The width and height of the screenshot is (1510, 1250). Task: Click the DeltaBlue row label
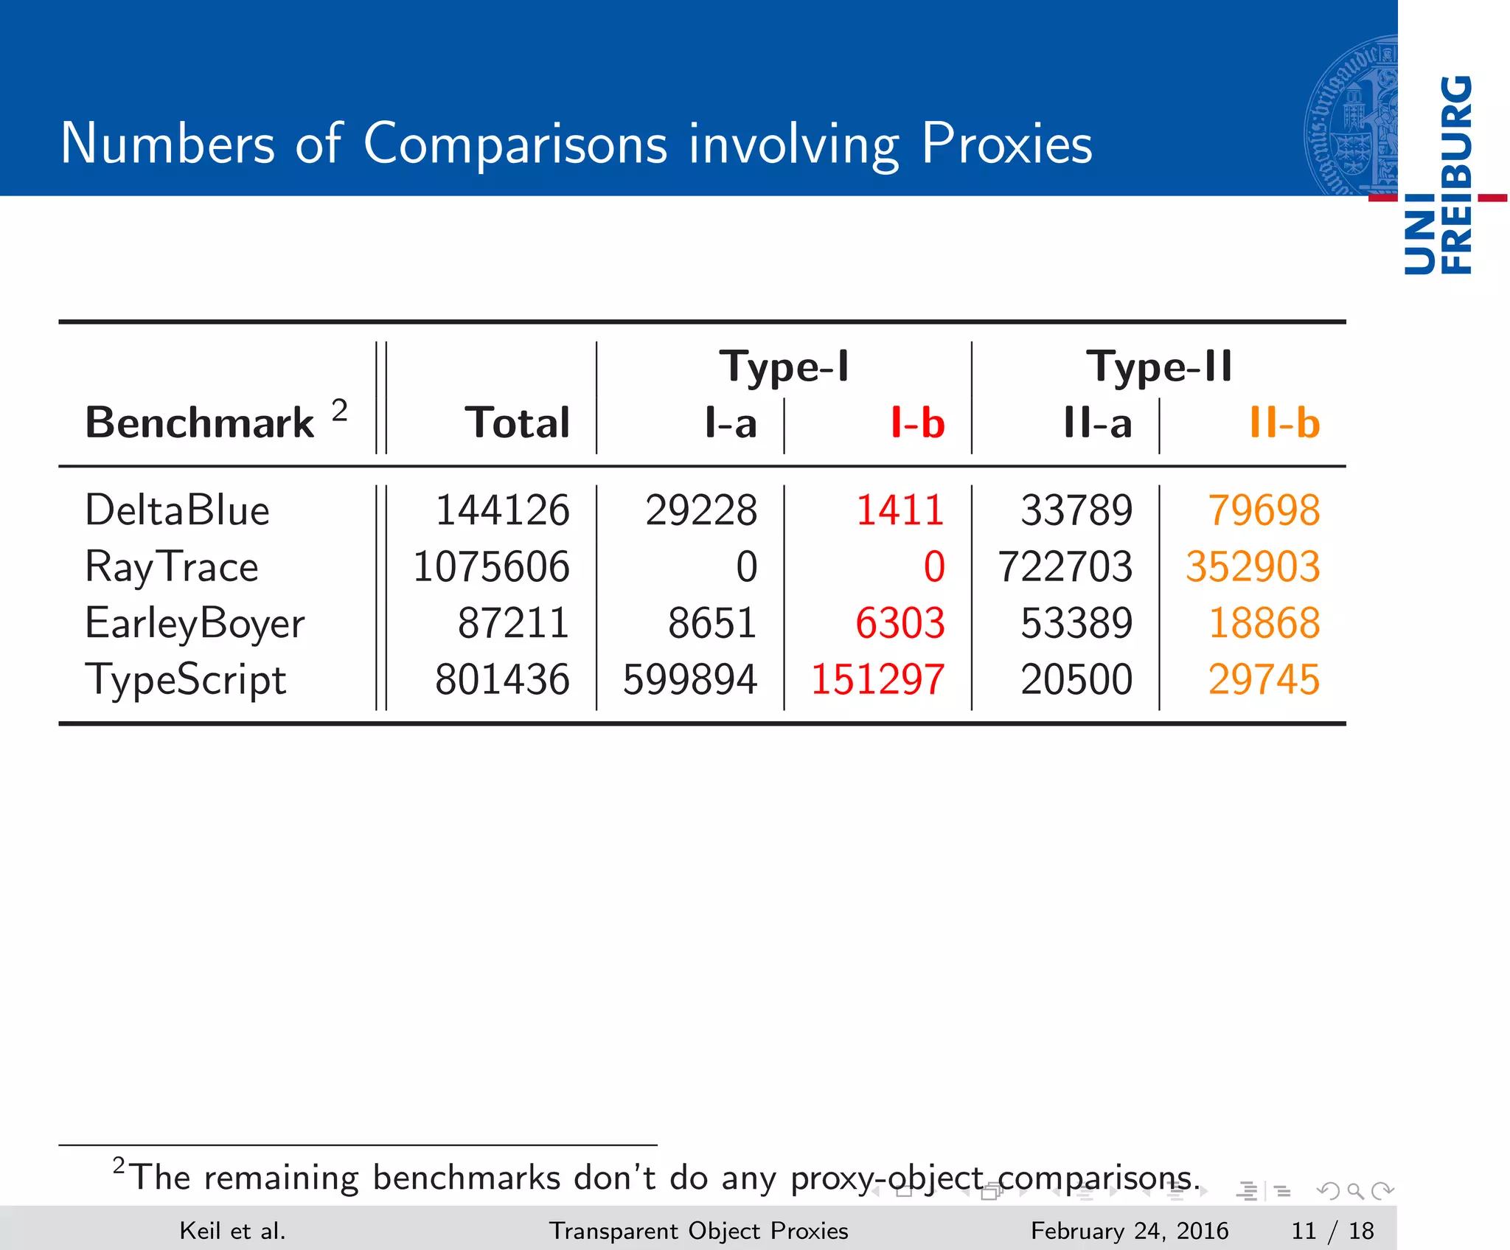click(177, 510)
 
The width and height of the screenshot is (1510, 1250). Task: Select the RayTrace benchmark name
click(172, 567)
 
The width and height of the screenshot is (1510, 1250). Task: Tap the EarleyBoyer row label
click(195, 624)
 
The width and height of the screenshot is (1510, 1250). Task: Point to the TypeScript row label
click(185, 680)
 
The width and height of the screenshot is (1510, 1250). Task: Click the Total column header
click(518, 423)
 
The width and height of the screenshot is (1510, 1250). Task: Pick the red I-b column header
click(917, 423)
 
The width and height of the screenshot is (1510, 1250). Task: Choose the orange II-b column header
click(1284, 423)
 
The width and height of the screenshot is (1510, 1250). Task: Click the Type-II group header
click(1159, 367)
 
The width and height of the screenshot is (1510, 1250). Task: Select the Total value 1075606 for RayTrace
click(491, 567)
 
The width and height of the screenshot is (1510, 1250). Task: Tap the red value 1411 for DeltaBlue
click(900, 510)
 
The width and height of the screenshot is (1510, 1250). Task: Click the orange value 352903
click(1253, 567)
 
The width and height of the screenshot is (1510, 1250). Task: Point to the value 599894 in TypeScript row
click(689, 680)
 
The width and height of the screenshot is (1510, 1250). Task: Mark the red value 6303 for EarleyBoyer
click(900, 624)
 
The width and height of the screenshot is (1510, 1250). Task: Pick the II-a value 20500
click(1076, 680)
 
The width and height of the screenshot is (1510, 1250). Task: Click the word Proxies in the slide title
click(1006, 143)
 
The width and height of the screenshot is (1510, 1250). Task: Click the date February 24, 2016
click(1129, 1231)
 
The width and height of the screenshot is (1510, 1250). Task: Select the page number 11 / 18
click(1332, 1231)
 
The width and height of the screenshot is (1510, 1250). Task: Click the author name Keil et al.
click(232, 1231)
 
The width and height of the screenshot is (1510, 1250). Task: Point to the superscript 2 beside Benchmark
click(339, 409)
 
